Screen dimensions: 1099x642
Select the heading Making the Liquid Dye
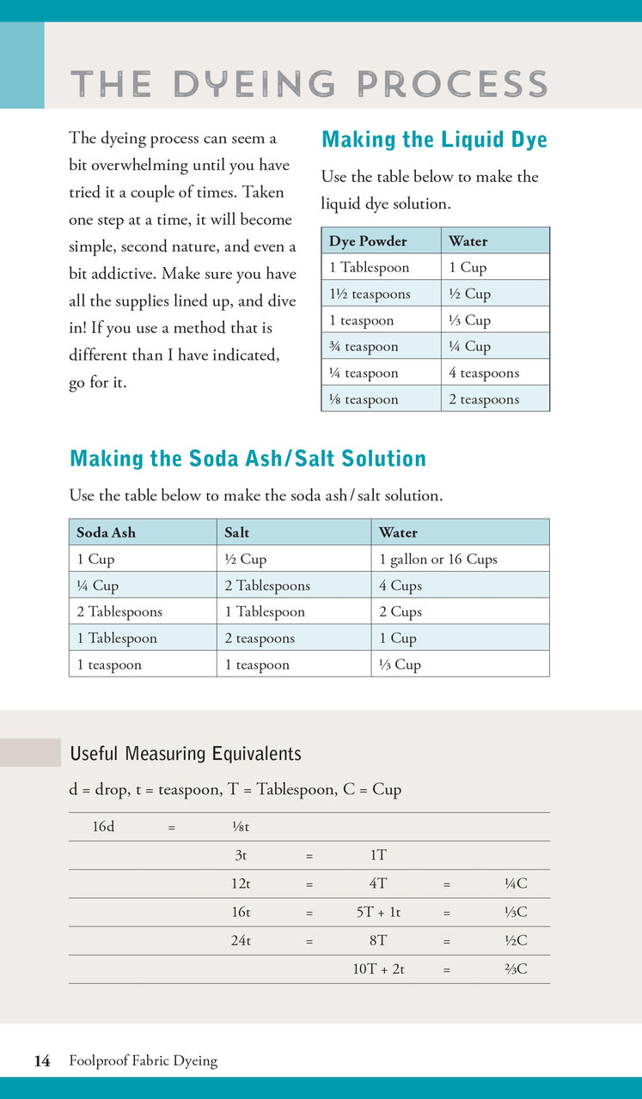click(x=434, y=140)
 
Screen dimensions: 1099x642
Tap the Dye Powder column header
click(x=368, y=241)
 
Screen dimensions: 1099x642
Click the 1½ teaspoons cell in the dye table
click(x=370, y=294)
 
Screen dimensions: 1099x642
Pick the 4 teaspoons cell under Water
click(x=484, y=373)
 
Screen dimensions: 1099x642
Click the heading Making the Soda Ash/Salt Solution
click(x=248, y=458)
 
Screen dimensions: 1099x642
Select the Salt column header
click(x=237, y=532)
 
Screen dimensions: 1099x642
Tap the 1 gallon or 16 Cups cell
click(x=438, y=559)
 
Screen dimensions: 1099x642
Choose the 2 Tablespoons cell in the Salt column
click(x=267, y=586)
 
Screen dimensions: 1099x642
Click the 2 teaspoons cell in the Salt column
click(x=260, y=638)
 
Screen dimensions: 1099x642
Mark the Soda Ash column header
click(x=106, y=532)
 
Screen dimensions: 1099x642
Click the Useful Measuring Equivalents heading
click(x=186, y=754)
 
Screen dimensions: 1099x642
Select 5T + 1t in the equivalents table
click(x=378, y=913)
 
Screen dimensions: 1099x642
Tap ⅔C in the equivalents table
click(x=516, y=969)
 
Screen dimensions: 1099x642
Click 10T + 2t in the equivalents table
click(x=378, y=969)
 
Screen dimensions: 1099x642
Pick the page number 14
click(x=42, y=1061)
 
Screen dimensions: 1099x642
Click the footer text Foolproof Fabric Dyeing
click(x=144, y=1061)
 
